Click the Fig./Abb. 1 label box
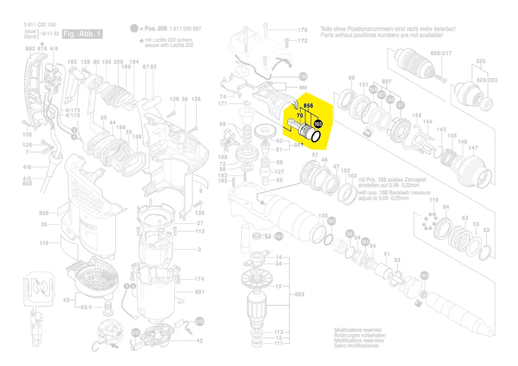point(82,34)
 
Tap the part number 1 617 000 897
point(185,29)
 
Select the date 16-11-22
point(49,34)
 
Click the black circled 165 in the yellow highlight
point(318,125)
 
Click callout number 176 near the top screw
point(302,30)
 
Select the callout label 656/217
point(441,53)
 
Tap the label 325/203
point(487,80)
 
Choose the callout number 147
point(473,148)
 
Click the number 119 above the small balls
point(433,200)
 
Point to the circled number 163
point(425,276)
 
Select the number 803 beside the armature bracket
point(300,295)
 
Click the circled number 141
point(278,237)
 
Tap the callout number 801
point(199,292)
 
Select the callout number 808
point(43,213)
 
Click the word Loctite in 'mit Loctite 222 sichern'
point(160,40)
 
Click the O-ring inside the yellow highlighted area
point(315,136)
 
